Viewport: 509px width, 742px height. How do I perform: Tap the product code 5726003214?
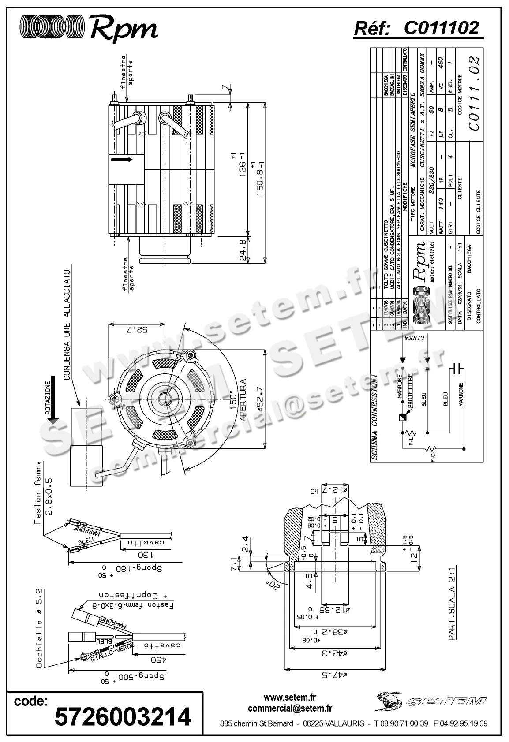(x=123, y=716)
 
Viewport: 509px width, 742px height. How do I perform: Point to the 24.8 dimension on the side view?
(x=242, y=250)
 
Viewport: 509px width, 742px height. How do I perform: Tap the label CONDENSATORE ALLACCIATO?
(x=67, y=325)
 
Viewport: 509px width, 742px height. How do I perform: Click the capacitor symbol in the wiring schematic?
(x=457, y=368)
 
